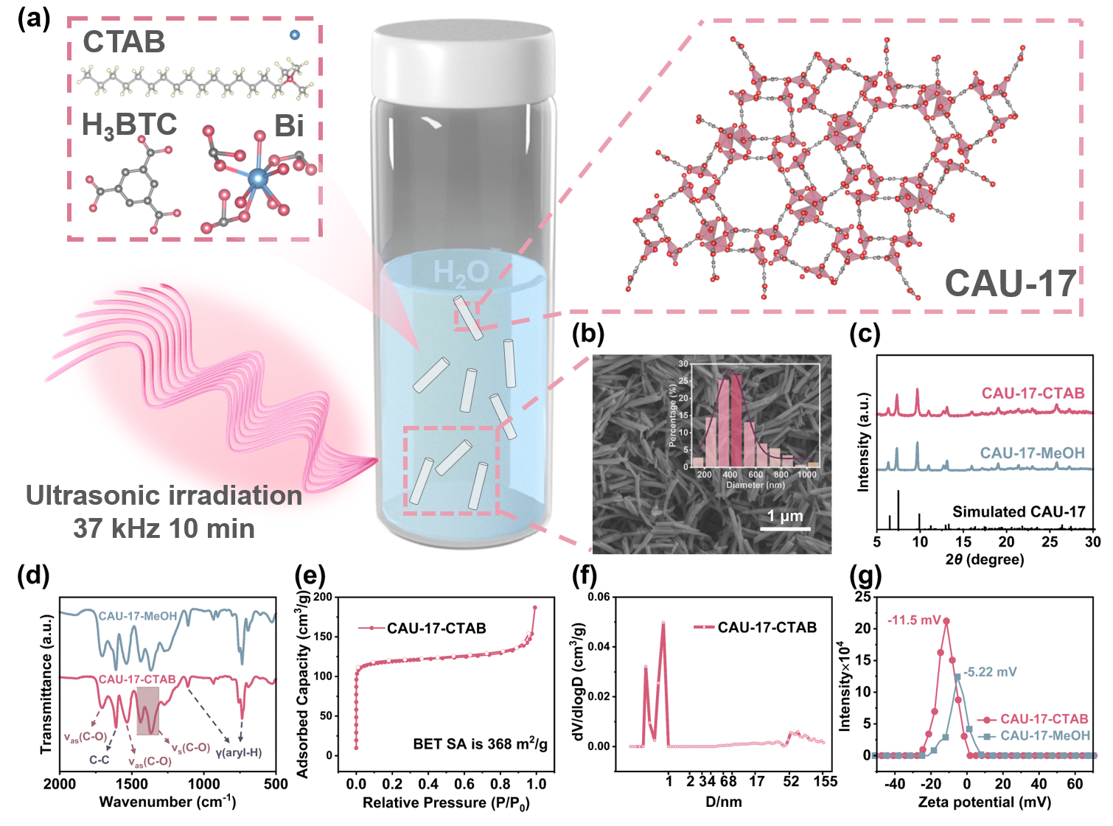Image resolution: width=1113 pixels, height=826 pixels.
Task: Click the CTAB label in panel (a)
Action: [124, 42]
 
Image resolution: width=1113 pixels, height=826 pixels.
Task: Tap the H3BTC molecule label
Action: [129, 125]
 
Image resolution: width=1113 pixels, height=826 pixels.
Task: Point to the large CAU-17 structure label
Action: [1010, 284]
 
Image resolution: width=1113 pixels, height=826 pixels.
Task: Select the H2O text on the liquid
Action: [461, 273]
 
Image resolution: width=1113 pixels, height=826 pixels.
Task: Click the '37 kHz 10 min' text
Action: [164, 528]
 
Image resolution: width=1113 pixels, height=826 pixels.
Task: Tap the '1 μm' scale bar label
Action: [784, 516]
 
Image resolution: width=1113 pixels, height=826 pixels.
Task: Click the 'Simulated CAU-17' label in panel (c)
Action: [1018, 511]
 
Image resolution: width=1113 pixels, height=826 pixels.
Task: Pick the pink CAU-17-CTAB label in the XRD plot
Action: [1033, 393]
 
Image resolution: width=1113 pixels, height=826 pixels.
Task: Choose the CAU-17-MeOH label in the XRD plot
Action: [1032, 453]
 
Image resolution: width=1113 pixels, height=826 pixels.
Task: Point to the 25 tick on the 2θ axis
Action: [1050, 542]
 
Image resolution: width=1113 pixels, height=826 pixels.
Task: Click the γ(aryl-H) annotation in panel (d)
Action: [238, 752]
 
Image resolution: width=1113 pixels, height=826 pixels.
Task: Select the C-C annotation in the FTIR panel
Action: [100, 760]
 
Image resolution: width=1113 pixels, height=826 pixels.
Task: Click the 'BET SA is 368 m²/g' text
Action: [480, 744]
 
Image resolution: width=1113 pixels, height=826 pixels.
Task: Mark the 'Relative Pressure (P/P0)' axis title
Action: [445, 802]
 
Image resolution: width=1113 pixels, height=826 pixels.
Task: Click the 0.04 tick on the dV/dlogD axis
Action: [599, 647]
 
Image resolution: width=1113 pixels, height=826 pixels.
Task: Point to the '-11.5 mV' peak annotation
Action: [914, 620]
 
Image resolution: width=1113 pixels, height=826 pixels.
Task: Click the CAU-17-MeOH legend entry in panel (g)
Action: [1044, 735]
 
